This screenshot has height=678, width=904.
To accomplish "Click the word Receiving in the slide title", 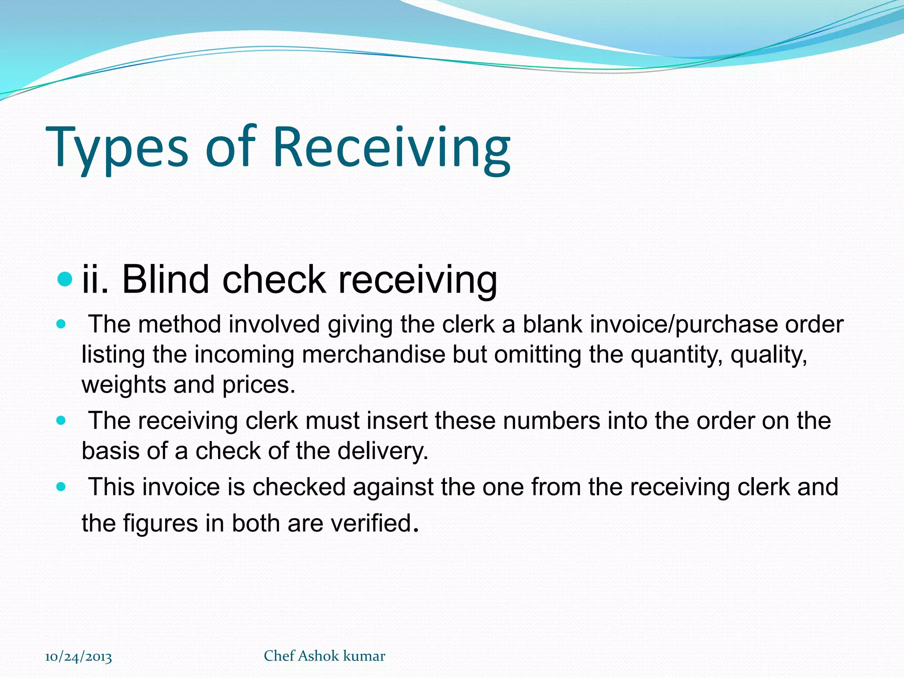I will click(392, 147).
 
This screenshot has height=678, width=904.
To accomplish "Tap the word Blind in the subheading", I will click(165, 279).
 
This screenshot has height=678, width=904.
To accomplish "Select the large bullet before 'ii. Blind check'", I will click(64, 279).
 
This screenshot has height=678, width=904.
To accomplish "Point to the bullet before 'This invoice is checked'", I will click(61, 487).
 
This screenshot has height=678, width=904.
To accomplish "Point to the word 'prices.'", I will click(259, 385).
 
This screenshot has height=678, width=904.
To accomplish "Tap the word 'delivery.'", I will click(383, 451).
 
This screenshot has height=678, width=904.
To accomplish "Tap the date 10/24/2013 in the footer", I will click(79, 657).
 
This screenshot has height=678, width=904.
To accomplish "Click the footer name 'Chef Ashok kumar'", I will click(324, 656).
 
